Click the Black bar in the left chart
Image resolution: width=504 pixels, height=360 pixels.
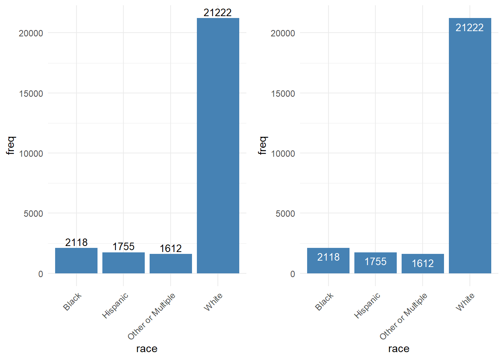76,261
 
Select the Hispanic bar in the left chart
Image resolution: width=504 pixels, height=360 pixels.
123,263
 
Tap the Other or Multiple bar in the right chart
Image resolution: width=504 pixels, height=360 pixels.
423,264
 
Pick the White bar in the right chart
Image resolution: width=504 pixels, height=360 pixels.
470,146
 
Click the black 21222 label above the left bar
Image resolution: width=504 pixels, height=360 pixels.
217,13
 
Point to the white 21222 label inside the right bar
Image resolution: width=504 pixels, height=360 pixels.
469,28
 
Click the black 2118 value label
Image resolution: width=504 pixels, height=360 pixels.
76,243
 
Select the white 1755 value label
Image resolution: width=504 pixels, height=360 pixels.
375,262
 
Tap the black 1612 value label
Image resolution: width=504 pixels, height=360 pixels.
171,249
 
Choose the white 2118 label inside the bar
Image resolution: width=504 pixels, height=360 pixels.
328,257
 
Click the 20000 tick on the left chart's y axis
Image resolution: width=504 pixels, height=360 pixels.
31,33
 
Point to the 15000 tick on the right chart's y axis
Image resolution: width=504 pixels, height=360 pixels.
283,94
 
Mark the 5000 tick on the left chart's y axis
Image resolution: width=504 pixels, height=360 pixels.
33,214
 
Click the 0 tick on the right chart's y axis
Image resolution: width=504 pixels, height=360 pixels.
292,274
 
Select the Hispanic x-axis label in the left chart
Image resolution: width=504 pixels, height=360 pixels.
115,306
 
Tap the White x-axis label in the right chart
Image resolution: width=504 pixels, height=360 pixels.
465,302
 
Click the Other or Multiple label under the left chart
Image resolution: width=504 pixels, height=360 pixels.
151,316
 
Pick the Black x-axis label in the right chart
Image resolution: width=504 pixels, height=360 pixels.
324,302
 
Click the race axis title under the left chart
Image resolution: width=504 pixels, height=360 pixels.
147,349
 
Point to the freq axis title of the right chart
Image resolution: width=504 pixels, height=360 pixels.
262,145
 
